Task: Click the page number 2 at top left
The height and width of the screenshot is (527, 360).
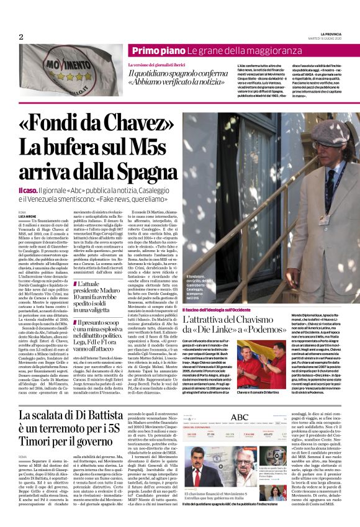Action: pyautogui.click(x=20, y=36)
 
